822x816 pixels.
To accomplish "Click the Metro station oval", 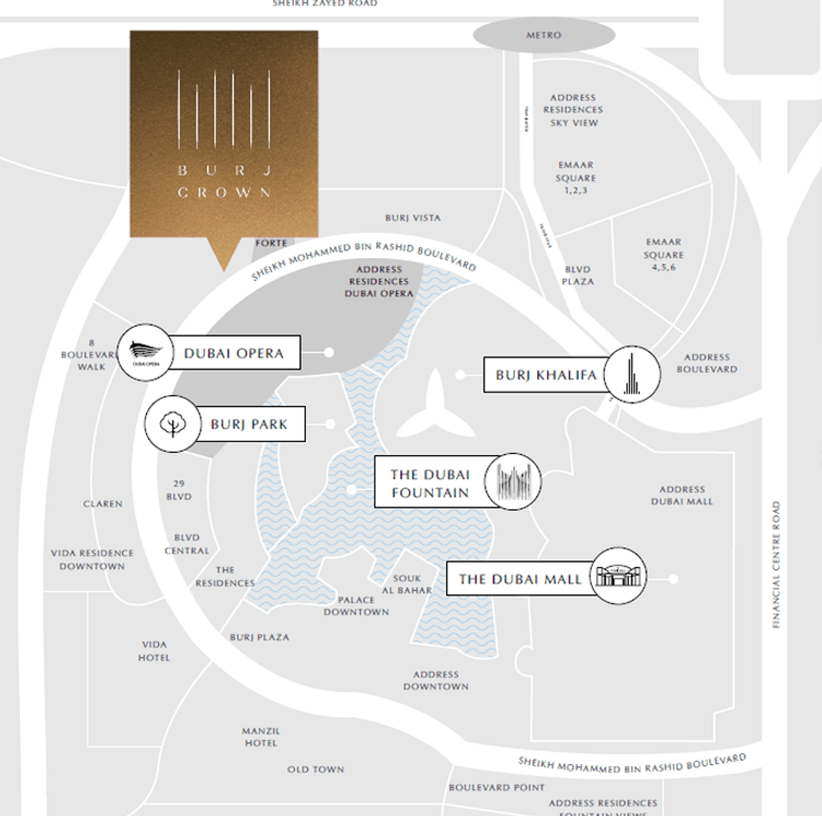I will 544,35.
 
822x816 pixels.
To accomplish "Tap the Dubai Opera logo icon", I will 145,352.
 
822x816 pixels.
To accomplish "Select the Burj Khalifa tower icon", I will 631,375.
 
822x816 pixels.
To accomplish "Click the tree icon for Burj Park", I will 172,424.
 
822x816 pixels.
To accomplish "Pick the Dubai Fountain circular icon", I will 513,482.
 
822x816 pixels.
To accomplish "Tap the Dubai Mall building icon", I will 618,576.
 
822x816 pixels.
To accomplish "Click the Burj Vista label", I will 413,218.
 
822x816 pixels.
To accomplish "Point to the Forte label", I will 271,243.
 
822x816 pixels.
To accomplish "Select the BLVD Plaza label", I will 578,275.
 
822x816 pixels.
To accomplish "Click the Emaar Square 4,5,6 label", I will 664,255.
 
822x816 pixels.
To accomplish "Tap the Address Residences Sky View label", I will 573,110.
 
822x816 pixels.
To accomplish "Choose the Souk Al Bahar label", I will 407,584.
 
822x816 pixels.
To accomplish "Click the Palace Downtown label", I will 356,606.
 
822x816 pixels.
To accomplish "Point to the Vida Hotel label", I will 154,651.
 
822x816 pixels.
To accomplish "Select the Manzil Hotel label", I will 260,737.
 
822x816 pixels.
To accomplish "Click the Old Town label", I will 315,769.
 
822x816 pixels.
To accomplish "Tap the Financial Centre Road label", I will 776,564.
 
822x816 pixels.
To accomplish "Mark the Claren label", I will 103,504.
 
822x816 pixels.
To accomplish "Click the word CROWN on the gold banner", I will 224,193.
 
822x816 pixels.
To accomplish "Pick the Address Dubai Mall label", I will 682,495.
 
